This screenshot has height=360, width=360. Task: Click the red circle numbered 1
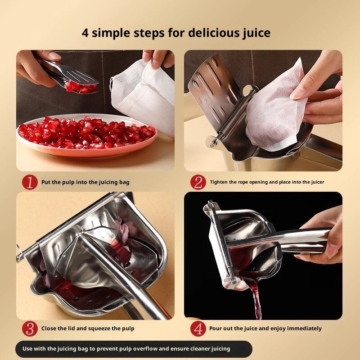[30, 182]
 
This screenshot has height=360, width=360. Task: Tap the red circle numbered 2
[198, 182]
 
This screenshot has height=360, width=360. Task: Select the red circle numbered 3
[30, 328]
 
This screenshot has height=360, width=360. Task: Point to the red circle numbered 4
[198, 328]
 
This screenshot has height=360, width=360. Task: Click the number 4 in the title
[85, 33]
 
